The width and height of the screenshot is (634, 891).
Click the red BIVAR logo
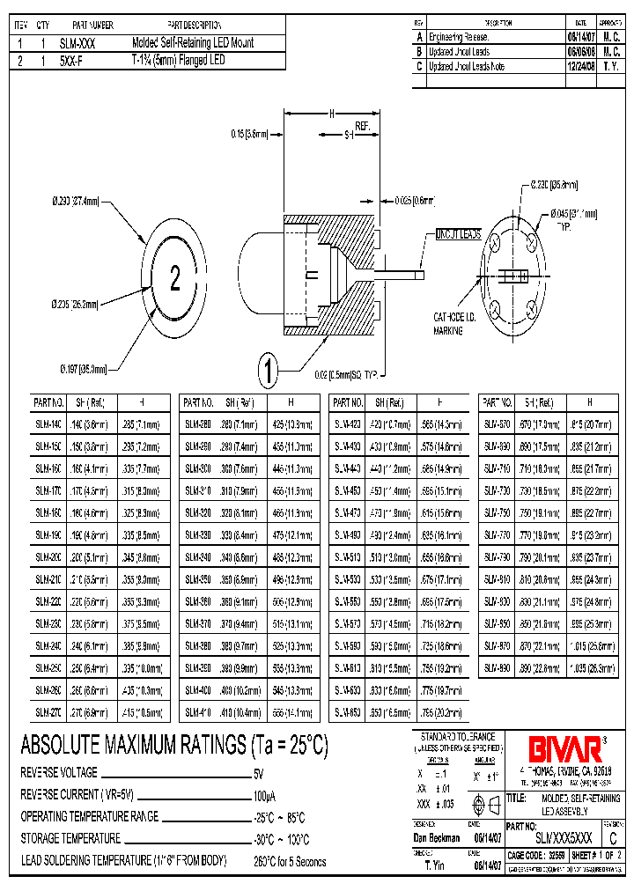[x=564, y=748]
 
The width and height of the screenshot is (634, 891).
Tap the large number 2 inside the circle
[x=174, y=280]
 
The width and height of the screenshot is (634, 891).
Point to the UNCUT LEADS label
[x=459, y=234]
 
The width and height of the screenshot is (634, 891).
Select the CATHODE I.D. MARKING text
[x=454, y=323]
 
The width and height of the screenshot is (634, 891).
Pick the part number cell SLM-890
[x=498, y=669]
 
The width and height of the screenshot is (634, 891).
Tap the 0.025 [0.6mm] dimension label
[x=414, y=199]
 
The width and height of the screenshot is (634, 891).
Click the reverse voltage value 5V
[x=259, y=774]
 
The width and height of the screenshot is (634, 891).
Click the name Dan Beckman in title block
[x=438, y=839]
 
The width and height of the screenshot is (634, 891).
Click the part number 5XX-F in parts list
[x=75, y=60]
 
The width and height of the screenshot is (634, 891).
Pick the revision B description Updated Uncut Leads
[x=458, y=52]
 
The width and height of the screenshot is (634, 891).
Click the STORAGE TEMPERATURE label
[x=70, y=839]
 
